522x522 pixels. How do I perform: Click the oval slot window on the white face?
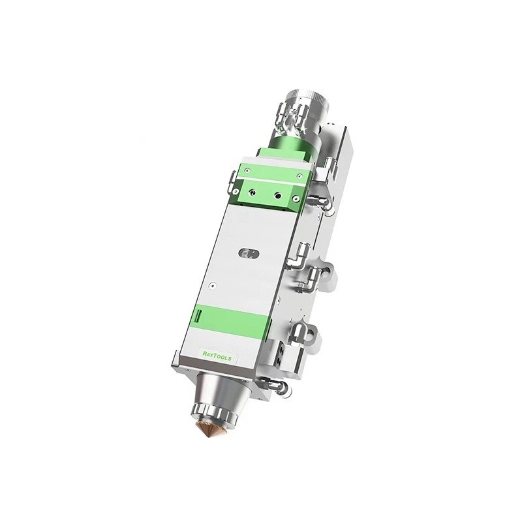tap(246, 253)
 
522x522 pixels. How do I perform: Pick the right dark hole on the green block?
tap(279, 194)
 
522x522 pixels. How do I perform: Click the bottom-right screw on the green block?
tap(296, 198)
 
